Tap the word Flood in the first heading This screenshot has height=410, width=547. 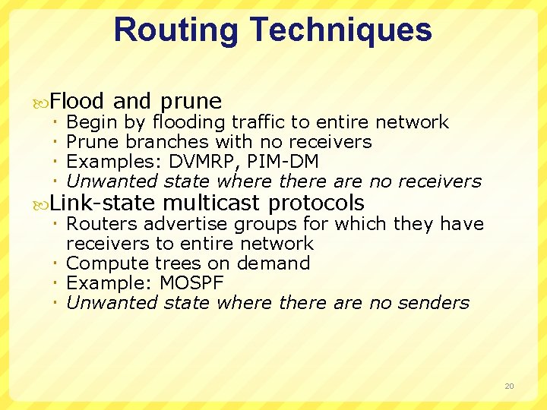pos(78,101)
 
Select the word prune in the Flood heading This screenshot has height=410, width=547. pos(191,102)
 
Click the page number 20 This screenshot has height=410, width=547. pos(509,386)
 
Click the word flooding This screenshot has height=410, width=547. pos(189,122)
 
